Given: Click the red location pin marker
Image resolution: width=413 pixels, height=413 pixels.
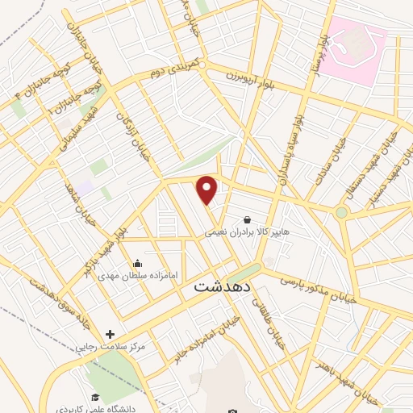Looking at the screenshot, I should point(208,190).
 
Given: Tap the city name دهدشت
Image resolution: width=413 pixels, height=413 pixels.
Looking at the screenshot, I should point(223,286).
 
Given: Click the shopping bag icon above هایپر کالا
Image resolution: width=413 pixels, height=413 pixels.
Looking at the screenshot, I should point(247,219).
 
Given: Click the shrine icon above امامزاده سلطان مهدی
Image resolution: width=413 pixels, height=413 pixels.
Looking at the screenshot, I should point(138,263).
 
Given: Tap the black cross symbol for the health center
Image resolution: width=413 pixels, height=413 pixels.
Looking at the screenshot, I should point(110,334).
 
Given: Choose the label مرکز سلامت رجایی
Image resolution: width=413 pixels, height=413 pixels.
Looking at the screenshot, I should point(111,346).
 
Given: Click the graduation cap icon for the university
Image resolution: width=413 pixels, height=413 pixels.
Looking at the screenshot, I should point(95,397).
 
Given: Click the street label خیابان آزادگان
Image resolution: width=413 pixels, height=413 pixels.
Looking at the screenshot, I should point(134,133).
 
